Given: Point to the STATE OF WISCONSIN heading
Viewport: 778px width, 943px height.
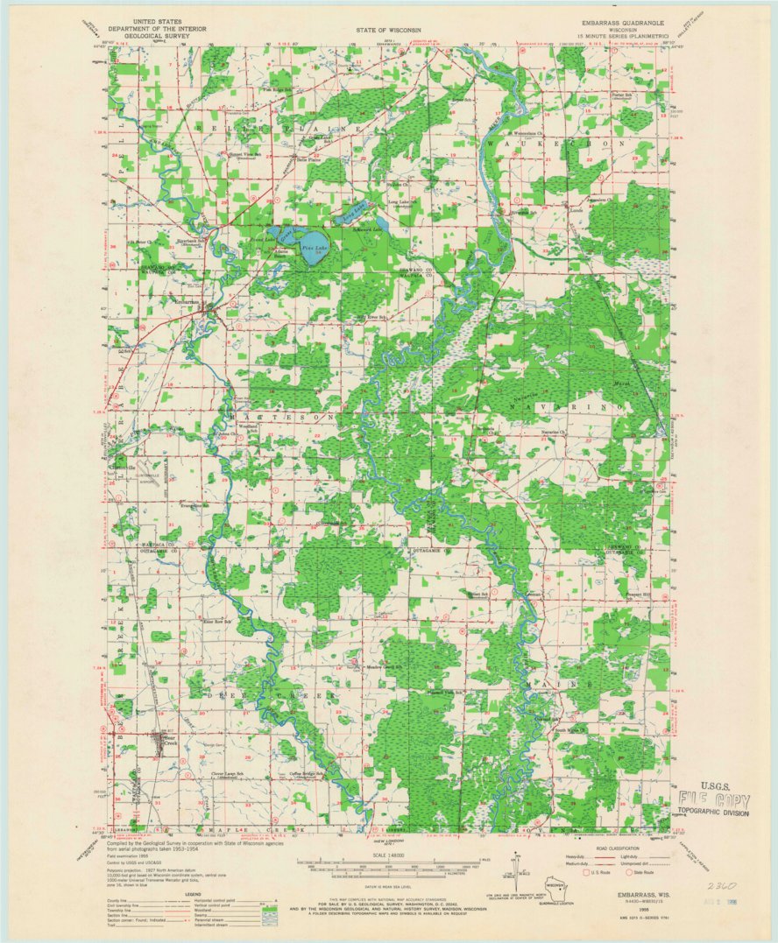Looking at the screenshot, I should point(386,30).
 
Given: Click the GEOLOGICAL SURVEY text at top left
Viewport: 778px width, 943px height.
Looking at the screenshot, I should point(158,38).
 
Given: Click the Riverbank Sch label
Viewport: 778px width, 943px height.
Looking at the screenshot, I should point(193,240).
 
